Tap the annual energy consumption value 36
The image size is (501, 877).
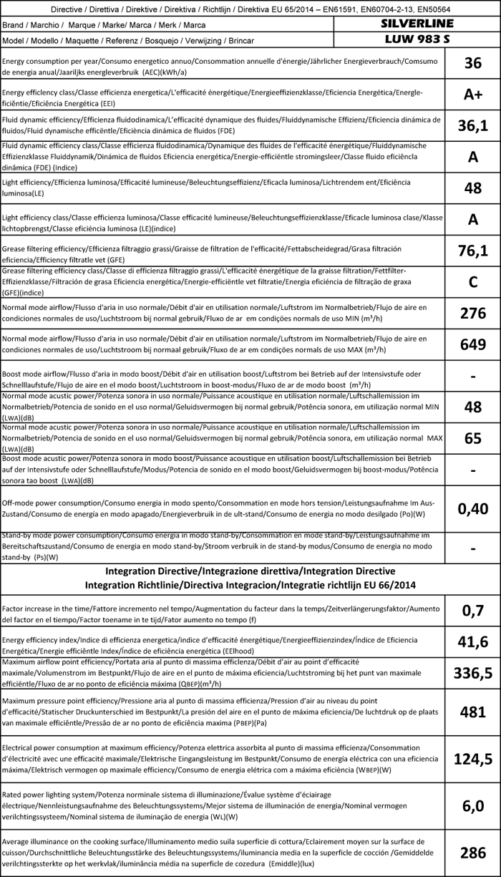pyautogui.click(x=472, y=63)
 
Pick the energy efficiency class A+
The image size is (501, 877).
pyautogui.click(x=472, y=95)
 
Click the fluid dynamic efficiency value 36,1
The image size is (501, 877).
pyautogui.click(x=472, y=126)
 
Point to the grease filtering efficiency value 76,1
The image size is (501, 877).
pyautogui.click(x=472, y=250)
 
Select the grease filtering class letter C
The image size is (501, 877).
pyautogui.click(x=472, y=281)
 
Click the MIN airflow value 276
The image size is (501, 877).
pyautogui.click(x=472, y=313)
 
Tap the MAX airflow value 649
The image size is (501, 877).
pyautogui.click(x=472, y=344)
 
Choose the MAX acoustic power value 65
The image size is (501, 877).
pyautogui.click(x=472, y=438)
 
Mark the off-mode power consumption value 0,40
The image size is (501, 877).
pyautogui.click(x=472, y=508)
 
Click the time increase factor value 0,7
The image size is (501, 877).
pyautogui.click(x=472, y=610)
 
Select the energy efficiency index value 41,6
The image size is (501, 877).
pyautogui.click(x=472, y=641)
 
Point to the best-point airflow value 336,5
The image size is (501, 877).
pyautogui.click(x=472, y=672)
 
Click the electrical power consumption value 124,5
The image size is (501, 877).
pyautogui.click(x=472, y=758)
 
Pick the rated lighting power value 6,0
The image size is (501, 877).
pyautogui.click(x=472, y=806)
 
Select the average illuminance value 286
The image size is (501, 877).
pyautogui.click(x=472, y=852)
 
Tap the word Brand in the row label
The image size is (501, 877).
pyautogui.click(x=15, y=25)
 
